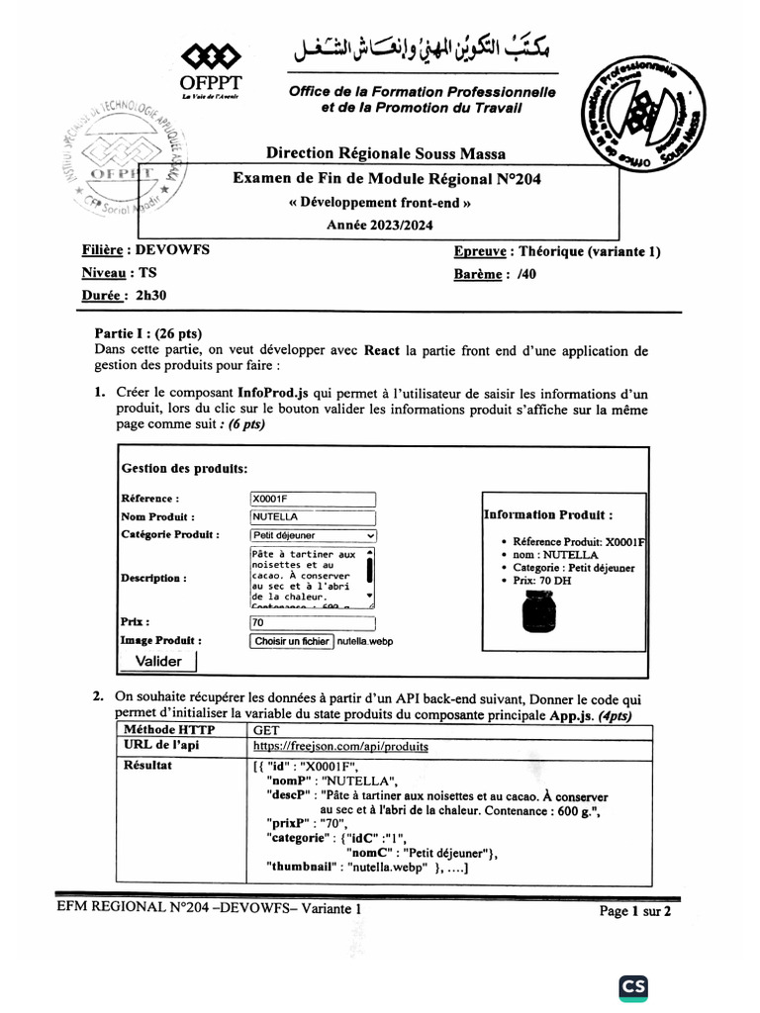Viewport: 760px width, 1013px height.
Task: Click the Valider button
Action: (x=159, y=661)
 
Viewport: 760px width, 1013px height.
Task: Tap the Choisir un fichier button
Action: (x=292, y=641)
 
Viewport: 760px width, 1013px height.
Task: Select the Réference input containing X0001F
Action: (x=313, y=500)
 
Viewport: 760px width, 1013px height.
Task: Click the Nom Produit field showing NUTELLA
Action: (x=313, y=517)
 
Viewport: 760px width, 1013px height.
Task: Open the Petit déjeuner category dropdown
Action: (x=313, y=535)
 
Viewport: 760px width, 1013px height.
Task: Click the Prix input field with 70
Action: (x=313, y=623)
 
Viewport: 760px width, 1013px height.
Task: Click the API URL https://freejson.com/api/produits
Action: (x=340, y=747)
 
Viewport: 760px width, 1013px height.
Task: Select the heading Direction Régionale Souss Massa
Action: (x=385, y=153)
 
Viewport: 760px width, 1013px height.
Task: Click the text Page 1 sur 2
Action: (x=635, y=911)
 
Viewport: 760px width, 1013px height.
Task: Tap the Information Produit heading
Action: (x=547, y=514)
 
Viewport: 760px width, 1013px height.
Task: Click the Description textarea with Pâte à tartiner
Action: (x=307, y=576)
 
